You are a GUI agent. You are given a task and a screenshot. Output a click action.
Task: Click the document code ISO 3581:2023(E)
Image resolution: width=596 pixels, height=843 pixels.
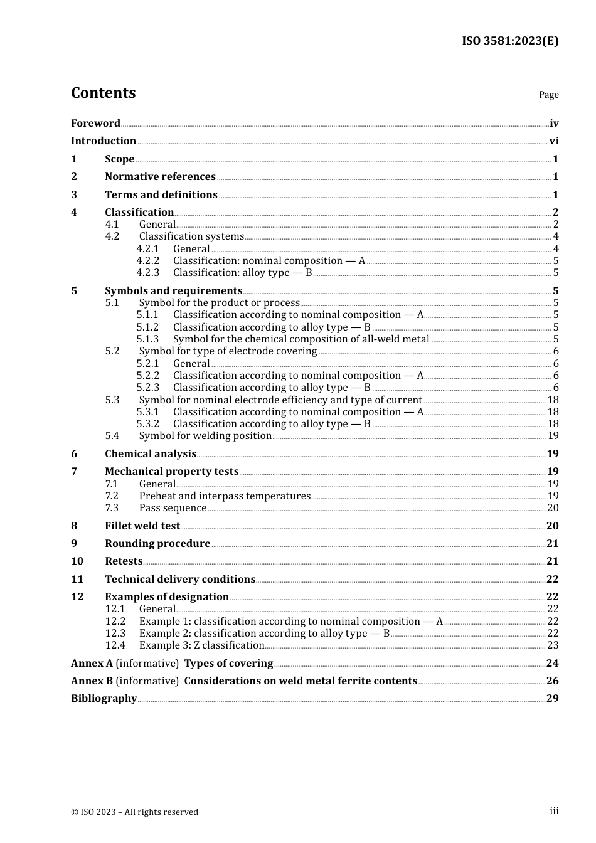509,41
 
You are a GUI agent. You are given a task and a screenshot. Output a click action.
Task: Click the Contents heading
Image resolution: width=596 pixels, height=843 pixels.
103,93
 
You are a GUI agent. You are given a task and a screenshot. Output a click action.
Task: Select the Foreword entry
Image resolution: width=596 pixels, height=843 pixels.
95,124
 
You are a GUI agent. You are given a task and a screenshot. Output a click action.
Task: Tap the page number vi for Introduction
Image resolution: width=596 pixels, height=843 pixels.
554,141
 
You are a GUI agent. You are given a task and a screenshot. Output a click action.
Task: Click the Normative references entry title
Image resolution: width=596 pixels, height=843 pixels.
160,177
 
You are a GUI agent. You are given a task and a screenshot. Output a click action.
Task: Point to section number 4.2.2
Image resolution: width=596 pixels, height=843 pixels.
148,261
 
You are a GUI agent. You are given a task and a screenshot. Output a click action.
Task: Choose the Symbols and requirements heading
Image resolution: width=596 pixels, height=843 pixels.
173,291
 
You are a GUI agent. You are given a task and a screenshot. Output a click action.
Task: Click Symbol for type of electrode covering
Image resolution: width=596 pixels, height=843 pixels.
228,351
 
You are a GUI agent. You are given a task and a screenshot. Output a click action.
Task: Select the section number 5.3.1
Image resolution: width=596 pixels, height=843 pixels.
148,412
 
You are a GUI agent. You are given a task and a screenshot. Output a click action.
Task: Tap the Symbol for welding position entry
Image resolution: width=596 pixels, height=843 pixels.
205,436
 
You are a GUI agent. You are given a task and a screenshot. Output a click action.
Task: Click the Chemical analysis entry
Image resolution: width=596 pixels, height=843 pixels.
151,454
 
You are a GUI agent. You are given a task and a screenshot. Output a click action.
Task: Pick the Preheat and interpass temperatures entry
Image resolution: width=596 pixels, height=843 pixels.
225,496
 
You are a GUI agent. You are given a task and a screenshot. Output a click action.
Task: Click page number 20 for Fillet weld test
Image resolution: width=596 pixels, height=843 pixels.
552,526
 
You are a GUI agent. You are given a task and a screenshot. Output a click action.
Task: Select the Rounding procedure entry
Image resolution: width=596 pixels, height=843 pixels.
157,544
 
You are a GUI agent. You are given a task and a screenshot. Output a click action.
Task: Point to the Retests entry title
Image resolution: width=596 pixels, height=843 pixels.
124,561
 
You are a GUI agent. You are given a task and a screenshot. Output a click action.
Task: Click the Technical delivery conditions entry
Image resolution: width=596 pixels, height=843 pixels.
180,580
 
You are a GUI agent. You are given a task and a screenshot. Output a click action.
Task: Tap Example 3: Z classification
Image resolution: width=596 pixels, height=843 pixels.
201,645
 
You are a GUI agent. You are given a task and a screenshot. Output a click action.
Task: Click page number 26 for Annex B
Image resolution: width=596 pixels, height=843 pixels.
552,681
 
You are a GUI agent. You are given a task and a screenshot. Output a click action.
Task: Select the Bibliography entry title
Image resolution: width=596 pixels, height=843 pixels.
104,699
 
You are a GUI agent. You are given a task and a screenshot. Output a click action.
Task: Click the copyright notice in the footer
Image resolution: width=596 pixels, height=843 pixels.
134,812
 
